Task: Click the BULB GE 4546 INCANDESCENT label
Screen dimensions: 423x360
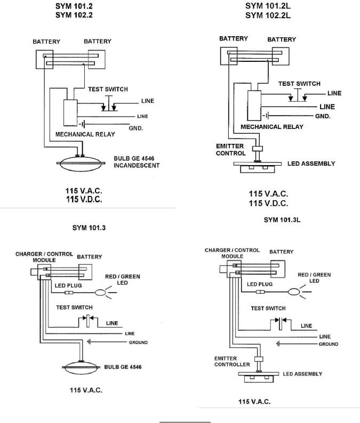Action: (137, 162)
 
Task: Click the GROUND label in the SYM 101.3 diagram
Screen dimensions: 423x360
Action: (137, 342)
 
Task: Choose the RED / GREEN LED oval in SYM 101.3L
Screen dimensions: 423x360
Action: (294, 292)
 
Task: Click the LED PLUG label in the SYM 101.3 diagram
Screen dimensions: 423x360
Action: (67, 285)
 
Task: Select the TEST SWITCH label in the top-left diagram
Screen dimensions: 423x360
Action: (110, 89)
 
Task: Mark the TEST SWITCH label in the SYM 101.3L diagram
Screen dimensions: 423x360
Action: (268, 308)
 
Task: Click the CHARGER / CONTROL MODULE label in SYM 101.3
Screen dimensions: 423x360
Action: (39, 256)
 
